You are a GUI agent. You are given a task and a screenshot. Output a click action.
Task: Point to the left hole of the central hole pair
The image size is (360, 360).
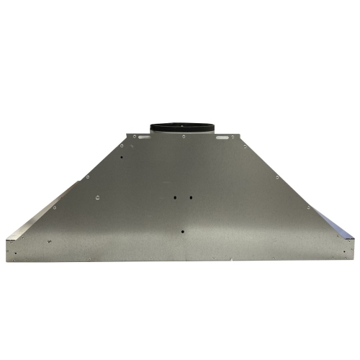[x=175, y=196]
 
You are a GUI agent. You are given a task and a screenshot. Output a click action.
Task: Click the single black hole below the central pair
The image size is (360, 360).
[x=182, y=232]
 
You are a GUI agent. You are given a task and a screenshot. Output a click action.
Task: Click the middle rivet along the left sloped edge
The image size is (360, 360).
[x=88, y=176]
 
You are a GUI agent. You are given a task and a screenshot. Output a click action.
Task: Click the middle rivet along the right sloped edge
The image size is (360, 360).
[x=277, y=176]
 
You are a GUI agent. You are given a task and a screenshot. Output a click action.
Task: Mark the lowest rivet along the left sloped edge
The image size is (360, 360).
[x=54, y=208]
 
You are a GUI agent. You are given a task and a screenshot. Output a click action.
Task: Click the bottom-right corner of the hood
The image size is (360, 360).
[x=354, y=259]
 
